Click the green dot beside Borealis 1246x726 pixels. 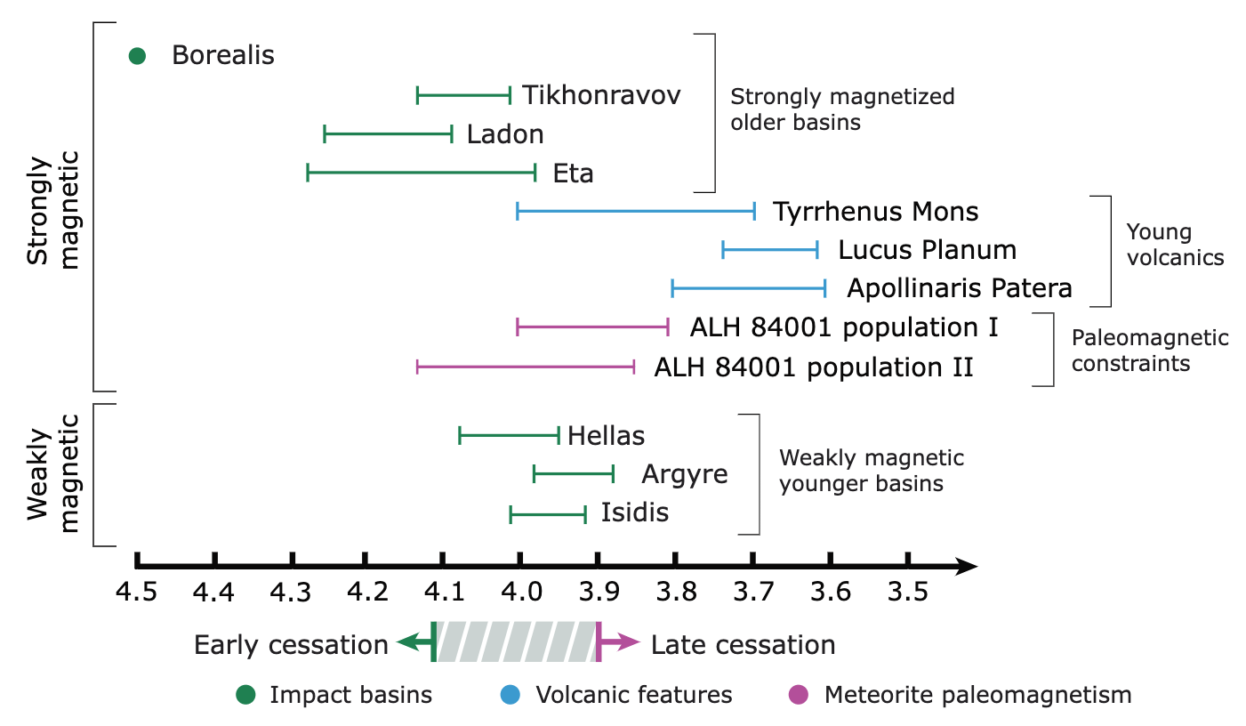tap(137, 55)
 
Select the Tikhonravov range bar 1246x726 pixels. tap(463, 94)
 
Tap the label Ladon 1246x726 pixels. tap(504, 134)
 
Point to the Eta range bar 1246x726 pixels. tap(421, 173)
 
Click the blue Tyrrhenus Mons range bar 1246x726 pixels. tap(636, 212)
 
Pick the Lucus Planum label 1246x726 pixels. tap(927, 250)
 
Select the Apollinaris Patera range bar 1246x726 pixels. tap(749, 288)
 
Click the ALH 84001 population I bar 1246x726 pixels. tap(592, 327)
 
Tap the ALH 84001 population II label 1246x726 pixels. tap(814, 367)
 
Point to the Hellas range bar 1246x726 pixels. tap(509, 435)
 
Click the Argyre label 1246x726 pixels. tap(684, 474)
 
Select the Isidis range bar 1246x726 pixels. tap(548, 513)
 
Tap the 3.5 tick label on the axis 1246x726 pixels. tap(907, 590)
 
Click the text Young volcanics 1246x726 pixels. tap(1175, 246)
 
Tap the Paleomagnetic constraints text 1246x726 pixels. tap(1149, 351)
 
